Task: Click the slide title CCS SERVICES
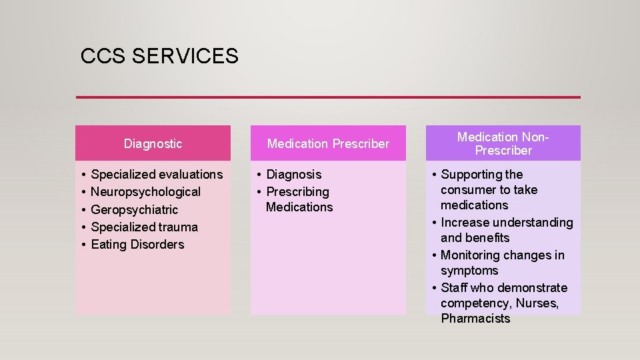[159, 56]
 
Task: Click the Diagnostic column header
[153, 143]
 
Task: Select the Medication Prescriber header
[328, 143]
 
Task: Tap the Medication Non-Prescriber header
[503, 143]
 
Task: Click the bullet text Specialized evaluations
[157, 175]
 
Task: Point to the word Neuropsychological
[145, 192]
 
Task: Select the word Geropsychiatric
[135, 209]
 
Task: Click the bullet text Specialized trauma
[144, 227]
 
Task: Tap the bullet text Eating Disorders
[137, 245]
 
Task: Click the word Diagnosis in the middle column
[293, 175]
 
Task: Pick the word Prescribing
[297, 192]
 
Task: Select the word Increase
[463, 222]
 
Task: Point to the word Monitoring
[469, 255]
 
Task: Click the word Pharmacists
[475, 319]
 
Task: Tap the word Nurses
[537, 304]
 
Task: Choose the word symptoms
[469, 271]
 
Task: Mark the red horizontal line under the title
[328, 97]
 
